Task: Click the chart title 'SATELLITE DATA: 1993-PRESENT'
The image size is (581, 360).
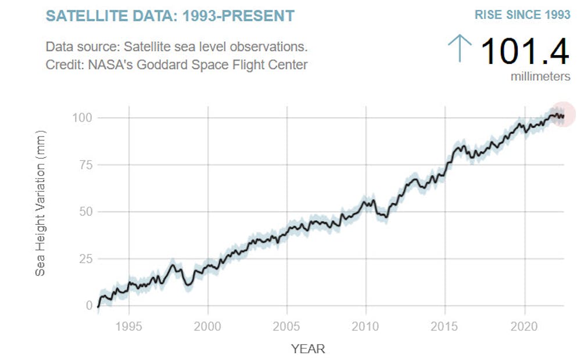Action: tap(170, 16)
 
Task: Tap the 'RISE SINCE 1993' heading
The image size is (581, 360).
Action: tap(522, 15)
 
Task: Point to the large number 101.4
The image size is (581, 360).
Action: tap(525, 51)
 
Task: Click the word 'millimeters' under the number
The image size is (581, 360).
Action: tap(540, 76)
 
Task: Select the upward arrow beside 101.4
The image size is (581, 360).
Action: tap(460, 48)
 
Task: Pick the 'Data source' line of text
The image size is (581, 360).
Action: tap(177, 47)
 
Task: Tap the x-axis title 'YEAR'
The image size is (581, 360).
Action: tap(308, 349)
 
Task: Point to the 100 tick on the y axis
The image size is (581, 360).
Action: tap(82, 118)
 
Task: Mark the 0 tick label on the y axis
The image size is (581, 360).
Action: tap(89, 305)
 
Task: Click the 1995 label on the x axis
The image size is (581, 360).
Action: tap(129, 326)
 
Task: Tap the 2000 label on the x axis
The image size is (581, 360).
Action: tap(208, 326)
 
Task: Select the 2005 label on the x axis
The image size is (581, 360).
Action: tap(287, 326)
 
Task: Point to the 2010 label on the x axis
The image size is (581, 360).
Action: tap(366, 326)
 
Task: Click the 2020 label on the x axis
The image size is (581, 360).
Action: tap(525, 326)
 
